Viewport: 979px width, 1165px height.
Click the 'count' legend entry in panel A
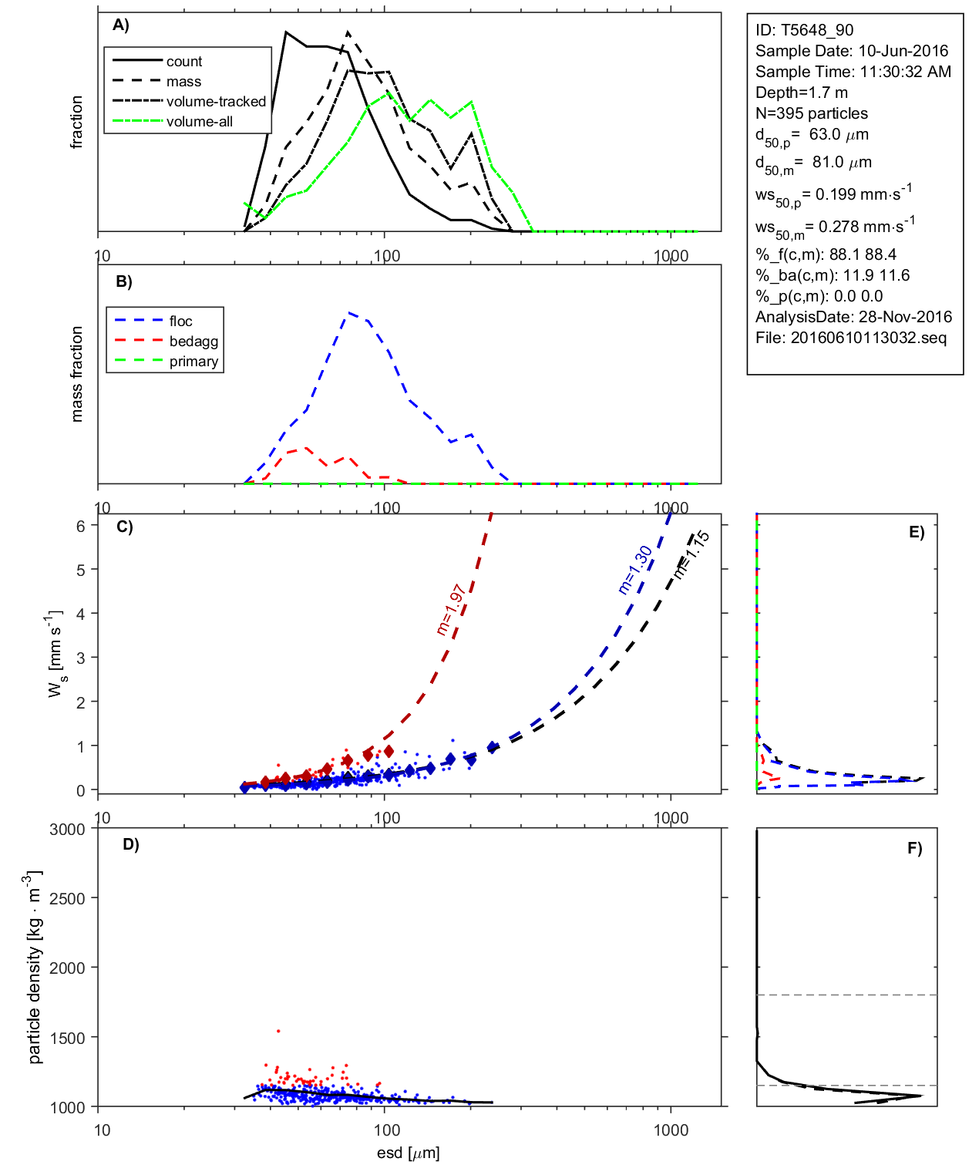pos(183,62)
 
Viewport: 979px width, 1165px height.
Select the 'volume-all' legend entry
pos(199,122)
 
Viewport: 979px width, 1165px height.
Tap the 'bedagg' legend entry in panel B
pos(193,342)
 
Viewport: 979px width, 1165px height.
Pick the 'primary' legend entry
pos(193,362)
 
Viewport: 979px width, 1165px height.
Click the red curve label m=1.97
pos(451,609)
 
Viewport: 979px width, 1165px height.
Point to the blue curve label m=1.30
pos(635,570)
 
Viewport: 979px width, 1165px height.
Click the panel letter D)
pos(131,844)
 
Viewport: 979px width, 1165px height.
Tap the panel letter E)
pos(916,532)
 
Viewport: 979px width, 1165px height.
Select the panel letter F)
pos(914,848)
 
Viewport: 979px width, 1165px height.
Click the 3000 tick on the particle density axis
pos(67,830)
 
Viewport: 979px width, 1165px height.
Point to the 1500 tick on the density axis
pos(67,1038)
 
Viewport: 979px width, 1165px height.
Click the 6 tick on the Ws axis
pos(80,526)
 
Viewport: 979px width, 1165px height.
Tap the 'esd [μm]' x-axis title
pos(408,1153)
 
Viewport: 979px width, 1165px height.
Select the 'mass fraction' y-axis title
pos(76,374)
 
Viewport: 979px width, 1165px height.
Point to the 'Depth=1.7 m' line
pos(802,93)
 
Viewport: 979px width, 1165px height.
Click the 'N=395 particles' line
pos(812,113)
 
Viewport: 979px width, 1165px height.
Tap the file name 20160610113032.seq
pos(869,338)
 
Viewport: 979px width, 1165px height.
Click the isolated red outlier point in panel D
pos(278,1031)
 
